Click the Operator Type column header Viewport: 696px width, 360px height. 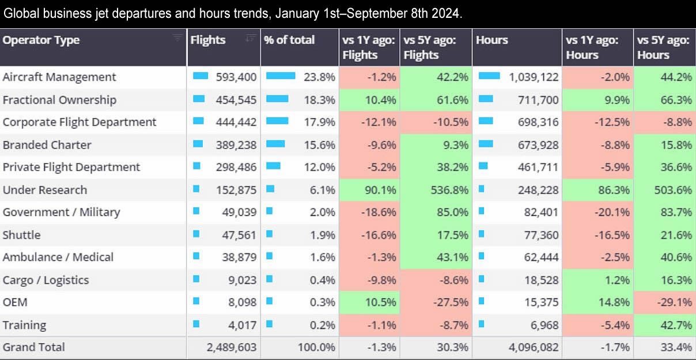pos(41,40)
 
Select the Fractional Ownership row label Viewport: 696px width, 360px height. pos(59,100)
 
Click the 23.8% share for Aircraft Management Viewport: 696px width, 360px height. pos(320,77)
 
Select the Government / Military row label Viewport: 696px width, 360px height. pos(62,212)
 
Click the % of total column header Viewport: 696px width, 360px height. pos(289,40)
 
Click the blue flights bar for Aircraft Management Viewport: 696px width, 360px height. pos(200,76)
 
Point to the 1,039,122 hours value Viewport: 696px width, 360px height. pos(534,77)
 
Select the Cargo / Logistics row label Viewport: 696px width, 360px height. pos(46,280)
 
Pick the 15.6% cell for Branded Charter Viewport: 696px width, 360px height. pos(320,145)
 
